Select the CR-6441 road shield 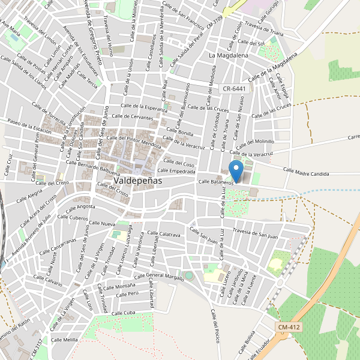234,88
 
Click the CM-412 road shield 289,327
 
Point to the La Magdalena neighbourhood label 228,55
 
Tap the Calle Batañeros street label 216,181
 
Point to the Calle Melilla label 65,340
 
